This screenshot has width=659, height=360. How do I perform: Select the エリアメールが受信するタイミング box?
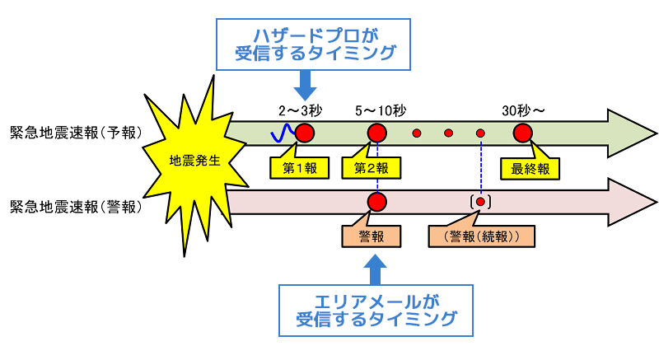(376, 310)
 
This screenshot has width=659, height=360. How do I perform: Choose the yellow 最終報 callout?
(530, 168)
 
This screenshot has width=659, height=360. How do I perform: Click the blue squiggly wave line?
(284, 132)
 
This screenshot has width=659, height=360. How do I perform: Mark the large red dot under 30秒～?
(522, 132)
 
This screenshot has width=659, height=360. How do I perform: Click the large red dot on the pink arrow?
(377, 201)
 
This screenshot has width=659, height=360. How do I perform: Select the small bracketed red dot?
(480, 201)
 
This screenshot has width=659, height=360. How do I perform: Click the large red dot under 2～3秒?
(305, 132)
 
